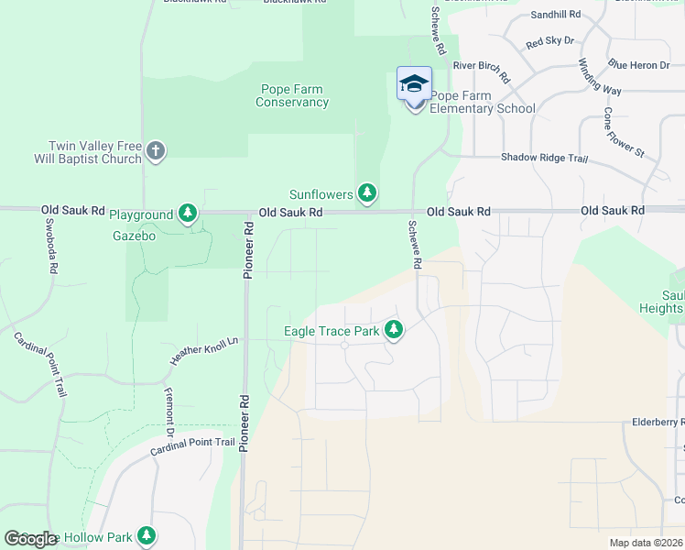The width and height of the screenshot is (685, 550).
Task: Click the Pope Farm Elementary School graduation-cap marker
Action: pos(414,83)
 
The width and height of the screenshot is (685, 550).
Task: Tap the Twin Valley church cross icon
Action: pos(156,151)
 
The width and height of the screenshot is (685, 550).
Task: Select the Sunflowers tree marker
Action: pos(366,192)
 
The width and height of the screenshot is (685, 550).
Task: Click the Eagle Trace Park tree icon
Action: pos(394,328)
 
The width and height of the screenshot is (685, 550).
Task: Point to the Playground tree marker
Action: pos(188,214)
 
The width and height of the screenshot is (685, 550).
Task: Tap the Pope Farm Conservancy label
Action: pos(292,96)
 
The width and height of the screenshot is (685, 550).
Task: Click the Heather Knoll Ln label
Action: pos(204,352)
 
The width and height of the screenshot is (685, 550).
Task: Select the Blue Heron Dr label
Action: pos(639,64)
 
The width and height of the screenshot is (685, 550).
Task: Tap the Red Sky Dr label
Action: pos(549,41)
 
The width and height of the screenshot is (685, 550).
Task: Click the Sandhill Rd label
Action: pos(556,15)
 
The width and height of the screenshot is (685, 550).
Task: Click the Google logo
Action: pos(29,539)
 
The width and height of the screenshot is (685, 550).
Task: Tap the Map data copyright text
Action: pos(645,543)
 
